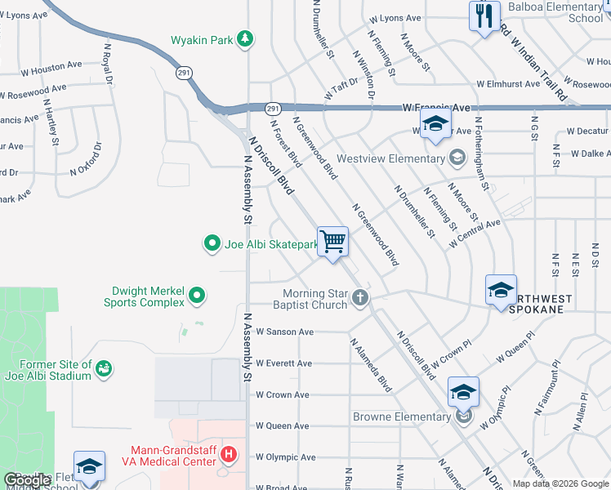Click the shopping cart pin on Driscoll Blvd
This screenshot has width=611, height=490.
[x=332, y=242]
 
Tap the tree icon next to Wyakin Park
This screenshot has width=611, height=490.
[x=244, y=39]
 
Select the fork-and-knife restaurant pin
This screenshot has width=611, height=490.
[x=484, y=16]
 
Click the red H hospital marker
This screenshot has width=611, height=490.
[x=230, y=451]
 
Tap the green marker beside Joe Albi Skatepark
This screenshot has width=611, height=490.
[x=212, y=243]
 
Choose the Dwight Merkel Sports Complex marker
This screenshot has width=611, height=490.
[x=197, y=295]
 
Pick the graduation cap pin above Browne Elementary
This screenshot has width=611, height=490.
[x=463, y=393]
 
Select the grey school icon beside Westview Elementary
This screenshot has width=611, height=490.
[x=457, y=156]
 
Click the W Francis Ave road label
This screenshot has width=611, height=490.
[x=437, y=108]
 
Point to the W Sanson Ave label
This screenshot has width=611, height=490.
[x=284, y=332]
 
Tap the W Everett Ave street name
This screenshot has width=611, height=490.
[x=283, y=363]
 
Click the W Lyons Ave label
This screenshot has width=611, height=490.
[x=395, y=18]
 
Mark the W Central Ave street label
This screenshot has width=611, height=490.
[x=475, y=234]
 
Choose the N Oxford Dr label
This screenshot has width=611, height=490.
[x=86, y=160]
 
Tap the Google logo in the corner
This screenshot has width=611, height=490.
[x=28, y=481]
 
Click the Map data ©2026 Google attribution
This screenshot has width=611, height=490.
[x=560, y=483]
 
